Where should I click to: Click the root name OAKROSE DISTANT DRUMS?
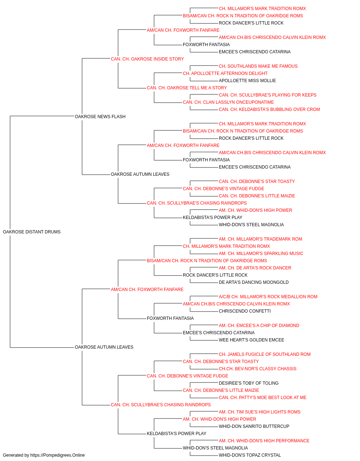32,232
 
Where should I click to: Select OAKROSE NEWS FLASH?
100,116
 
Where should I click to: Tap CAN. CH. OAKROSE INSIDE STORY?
147,59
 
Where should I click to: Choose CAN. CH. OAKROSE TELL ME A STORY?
187,88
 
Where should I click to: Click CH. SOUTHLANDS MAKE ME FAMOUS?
258,66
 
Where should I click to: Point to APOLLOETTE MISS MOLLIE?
247,81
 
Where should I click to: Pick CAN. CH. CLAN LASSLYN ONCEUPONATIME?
228,102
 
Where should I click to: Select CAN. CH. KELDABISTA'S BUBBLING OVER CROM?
269,109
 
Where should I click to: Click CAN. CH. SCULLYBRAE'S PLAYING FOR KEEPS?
267,95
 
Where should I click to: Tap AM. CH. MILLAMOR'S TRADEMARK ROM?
260,239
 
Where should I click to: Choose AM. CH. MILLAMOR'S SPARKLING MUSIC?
261,254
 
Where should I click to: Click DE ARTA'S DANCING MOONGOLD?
253,282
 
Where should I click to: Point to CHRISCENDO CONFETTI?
245,311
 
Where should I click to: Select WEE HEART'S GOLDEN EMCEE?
251,340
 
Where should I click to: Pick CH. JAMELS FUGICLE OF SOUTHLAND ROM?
265,354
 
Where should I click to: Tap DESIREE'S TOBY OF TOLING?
248,383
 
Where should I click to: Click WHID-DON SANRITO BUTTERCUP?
254,426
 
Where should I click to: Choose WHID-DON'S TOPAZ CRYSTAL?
250,455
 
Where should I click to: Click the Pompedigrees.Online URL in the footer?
57,455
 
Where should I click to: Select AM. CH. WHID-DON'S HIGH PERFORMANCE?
264,440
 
